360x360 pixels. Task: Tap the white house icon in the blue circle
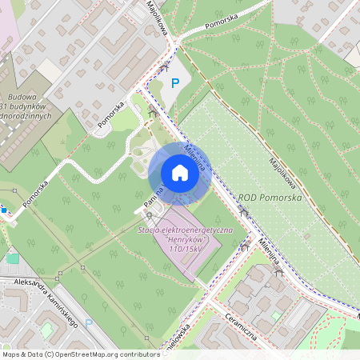(x=180, y=172)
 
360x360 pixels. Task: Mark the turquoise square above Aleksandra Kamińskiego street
(x=12, y=258)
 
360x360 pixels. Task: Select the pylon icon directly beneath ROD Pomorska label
(x=243, y=210)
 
